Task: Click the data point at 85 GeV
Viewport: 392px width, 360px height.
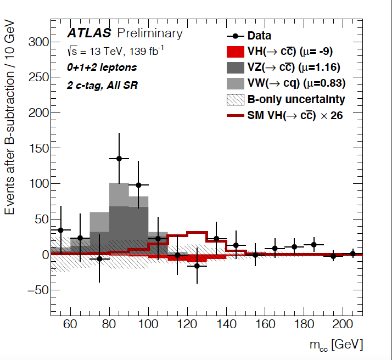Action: tap(119, 158)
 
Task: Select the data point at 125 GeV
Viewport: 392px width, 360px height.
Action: tap(197, 266)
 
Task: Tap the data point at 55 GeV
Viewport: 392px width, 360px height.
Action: tap(60, 230)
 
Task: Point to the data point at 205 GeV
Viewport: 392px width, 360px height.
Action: tap(352, 254)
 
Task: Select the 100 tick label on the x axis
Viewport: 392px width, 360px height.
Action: tap(148, 324)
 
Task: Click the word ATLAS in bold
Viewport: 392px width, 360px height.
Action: tap(89, 33)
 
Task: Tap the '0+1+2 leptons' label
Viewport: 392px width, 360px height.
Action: tap(102, 67)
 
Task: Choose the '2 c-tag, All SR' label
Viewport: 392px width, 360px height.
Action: tap(102, 85)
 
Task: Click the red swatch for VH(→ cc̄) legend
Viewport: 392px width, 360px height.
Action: tap(237, 52)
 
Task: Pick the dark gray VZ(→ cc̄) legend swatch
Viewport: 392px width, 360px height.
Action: tap(237, 68)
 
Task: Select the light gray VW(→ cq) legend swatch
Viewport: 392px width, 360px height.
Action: tap(237, 83)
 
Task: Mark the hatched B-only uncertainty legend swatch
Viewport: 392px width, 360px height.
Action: tap(237, 99)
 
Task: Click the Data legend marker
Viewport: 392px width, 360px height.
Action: tap(237, 36)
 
